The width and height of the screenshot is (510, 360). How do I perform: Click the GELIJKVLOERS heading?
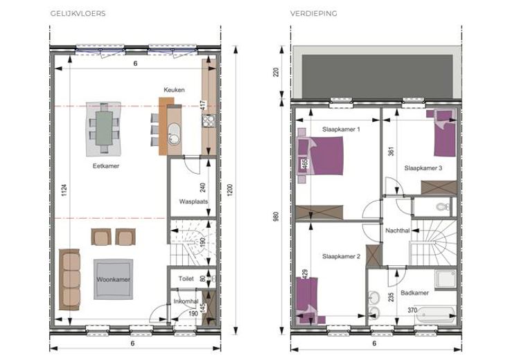point(78,13)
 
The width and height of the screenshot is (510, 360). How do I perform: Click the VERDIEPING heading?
point(313,13)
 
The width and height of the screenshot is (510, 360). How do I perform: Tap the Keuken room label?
point(174,90)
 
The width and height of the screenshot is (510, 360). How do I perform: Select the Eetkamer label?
point(106,166)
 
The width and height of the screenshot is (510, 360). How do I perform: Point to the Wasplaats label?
point(193,201)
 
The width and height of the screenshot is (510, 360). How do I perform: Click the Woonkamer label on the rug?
point(113,280)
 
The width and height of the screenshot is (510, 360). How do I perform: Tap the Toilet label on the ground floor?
point(186,279)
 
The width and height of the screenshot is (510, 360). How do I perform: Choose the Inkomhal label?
point(186,302)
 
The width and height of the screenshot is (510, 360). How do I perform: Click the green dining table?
point(104,128)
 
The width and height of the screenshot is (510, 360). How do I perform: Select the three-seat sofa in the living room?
point(69,280)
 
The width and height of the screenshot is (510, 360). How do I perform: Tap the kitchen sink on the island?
point(175,134)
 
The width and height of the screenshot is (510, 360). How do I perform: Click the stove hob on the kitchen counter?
point(208,121)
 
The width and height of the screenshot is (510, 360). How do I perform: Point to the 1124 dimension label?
point(64,190)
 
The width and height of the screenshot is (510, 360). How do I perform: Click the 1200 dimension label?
point(230,190)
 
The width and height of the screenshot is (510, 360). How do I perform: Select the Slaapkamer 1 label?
point(341,129)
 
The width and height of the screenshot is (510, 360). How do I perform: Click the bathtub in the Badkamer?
point(436,314)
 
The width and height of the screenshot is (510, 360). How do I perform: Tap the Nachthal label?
point(398,231)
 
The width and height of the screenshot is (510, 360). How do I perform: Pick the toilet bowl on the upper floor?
point(442,206)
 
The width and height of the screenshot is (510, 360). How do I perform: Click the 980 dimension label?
point(276,217)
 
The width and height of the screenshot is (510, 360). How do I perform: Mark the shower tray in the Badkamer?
point(446,279)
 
